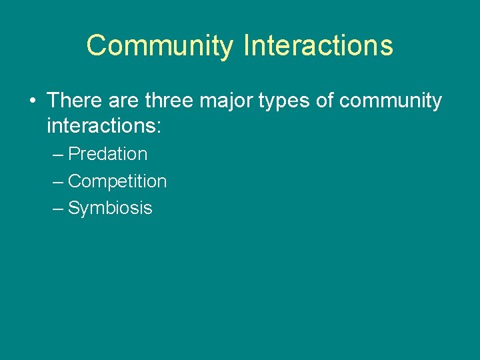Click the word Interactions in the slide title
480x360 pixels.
coord(318,45)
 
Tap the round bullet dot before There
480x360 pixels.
coord(32,101)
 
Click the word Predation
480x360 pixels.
coord(108,154)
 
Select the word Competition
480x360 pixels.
coord(117,181)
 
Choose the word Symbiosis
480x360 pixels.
coord(110,209)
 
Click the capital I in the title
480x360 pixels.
coord(247,45)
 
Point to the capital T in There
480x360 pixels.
coord(54,101)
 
